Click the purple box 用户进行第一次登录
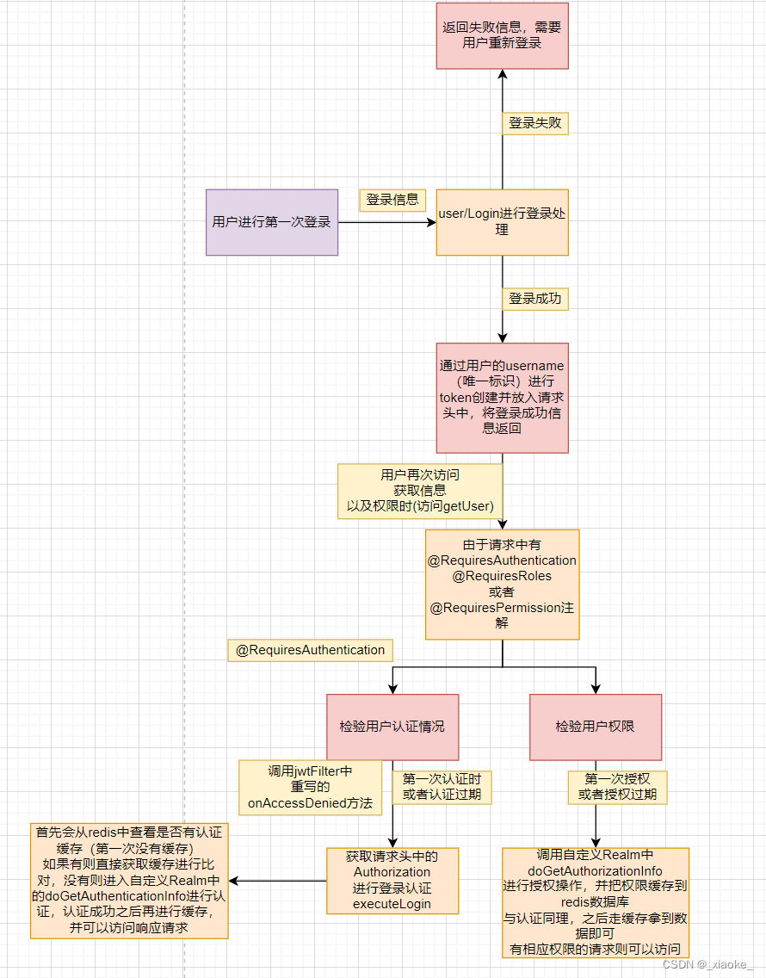tap(272, 222)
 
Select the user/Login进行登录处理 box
tap(502, 222)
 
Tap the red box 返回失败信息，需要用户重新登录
tap(502, 34)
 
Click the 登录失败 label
tap(534, 123)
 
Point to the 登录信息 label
tap(392, 200)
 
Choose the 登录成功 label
tap(534, 299)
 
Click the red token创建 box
tap(502, 397)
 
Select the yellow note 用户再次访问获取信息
tap(420, 491)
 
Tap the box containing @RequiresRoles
tap(502, 584)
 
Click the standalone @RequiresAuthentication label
tap(310, 650)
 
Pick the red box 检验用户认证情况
tap(392, 727)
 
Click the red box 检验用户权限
tap(595, 727)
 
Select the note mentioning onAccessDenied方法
tap(310, 787)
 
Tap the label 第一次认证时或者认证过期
tap(442, 786)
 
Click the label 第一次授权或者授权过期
tap(617, 786)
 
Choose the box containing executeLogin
tap(392, 881)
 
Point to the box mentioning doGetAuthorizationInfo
tap(595, 902)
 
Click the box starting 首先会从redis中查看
tap(129, 881)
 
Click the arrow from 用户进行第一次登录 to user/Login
tap(387, 222)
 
